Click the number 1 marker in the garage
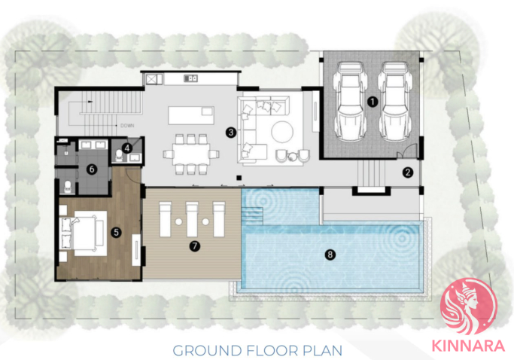pyautogui.click(x=372, y=102)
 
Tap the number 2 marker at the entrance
pyautogui.click(x=408, y=172)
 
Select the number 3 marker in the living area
pyautogui.click(x=231, y=133)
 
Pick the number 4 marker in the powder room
pyautogui.click(x=127, y=148)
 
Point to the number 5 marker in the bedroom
pyautogui.click(x=116, y=232)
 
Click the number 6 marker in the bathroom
pyautogui.click(x=92, y=169)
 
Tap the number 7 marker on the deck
pyautogui.click(x=195, y=246)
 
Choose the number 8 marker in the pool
pyautogui.click(x=330, y=255)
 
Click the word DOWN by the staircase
pyautogui.click(x=127, y=126)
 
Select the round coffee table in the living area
pyautogui.click(x=282, y=132)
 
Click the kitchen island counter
pyautogui.click(x=191, y=115)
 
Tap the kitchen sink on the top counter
pyautogui.click(x=190, y=78)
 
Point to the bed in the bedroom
pyautogui.click(x=87, y=233)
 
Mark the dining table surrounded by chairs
pyautogui.click(x=191, y=154)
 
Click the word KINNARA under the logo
pyautogui.click(x=468, y=346)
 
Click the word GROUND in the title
pyautogui.click(x=207, y=350)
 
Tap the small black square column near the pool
pyautogui.click(x=239, y=178)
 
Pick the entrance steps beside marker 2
pyautogui.click(x=371, y=173)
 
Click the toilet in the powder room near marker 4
pyautogui.click(x=119, y=156)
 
